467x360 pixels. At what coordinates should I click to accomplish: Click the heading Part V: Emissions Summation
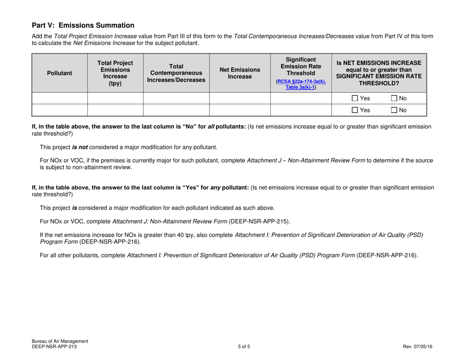click(x=83, y=25)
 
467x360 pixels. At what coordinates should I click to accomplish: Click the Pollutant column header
click(x=59, y=73)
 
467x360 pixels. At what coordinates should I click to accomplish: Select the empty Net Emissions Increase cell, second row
click(x=240, y=110)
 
